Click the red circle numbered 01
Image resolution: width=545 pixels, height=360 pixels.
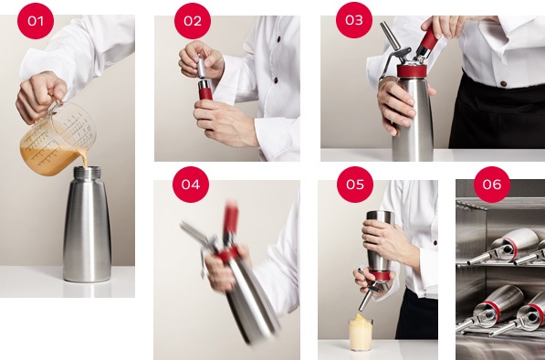point(36,21)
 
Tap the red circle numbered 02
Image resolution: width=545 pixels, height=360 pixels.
point(193,21)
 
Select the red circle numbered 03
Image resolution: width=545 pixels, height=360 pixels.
point(354,20)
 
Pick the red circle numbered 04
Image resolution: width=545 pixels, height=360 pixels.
point(191,185)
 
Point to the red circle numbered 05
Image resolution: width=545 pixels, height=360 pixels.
point(355,185)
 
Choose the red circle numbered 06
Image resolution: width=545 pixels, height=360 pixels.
point(492,185)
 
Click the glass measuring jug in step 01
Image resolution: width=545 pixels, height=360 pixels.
point(58,139)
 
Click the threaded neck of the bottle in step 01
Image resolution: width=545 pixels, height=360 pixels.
point(88,173)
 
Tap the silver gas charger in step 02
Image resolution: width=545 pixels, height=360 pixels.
point(201,66)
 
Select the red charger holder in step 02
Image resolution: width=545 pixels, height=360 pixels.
point(205,90)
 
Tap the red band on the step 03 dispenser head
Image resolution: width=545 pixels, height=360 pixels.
point(412,71)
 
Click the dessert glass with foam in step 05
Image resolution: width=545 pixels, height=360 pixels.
point(361,333)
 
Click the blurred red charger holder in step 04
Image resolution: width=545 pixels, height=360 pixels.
point(231,220)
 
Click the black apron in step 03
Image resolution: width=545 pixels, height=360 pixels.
point(497,115)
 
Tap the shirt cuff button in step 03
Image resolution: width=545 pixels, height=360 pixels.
point(503,83)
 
